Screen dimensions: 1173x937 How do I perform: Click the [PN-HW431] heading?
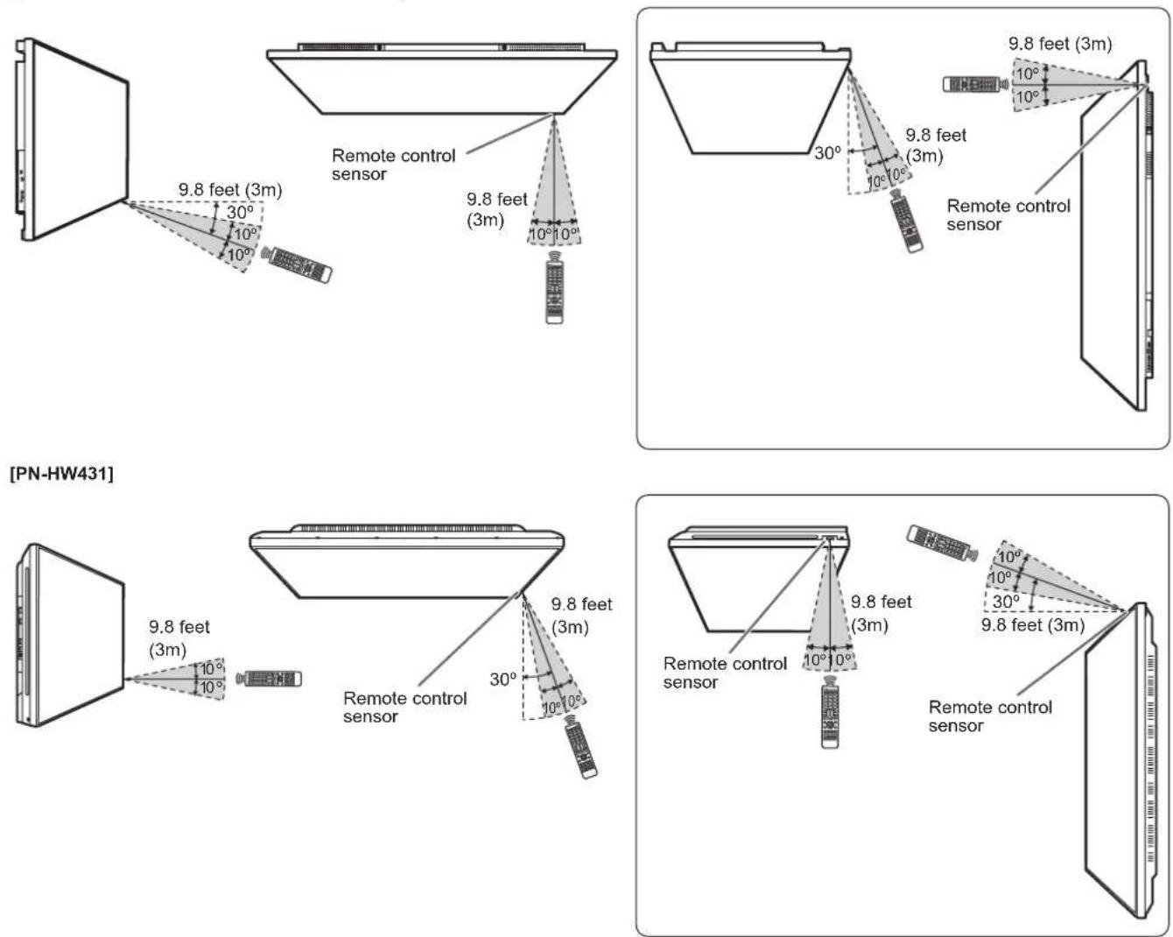(61, 474)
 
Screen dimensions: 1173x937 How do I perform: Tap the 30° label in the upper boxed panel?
(827, 153)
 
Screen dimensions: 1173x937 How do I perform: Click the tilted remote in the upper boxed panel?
(907, 222)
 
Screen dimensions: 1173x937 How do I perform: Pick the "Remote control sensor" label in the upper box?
(1008, 215)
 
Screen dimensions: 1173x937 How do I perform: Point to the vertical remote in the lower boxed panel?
(830, 711)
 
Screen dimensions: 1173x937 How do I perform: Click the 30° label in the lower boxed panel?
(1006, 602)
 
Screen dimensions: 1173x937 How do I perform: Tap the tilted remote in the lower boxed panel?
(941, 543)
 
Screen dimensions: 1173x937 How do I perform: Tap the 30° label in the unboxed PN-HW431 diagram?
(502, 679)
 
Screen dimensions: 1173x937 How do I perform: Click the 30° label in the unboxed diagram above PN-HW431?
(240, 212)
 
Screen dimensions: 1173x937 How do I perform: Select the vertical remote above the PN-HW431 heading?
(554, 287)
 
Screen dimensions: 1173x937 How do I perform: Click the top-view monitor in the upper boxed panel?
(750, 98)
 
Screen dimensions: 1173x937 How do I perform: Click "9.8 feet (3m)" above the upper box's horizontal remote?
(1060, 44)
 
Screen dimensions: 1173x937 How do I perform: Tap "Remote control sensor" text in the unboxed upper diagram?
(394, 165)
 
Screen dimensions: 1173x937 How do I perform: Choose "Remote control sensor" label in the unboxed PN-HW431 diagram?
(405, 708)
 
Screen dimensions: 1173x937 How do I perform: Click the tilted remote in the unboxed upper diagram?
(296, 264)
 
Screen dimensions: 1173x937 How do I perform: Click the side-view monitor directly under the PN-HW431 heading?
(68, 635)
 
